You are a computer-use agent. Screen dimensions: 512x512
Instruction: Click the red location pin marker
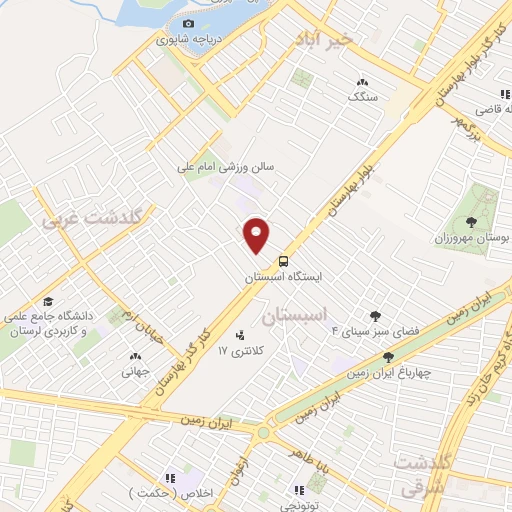258,234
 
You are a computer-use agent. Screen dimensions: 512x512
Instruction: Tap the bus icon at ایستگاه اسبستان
283,261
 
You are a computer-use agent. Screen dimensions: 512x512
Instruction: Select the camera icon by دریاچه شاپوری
188,24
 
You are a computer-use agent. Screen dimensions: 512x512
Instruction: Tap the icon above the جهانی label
135,355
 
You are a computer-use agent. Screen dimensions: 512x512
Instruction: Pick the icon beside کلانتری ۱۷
240,335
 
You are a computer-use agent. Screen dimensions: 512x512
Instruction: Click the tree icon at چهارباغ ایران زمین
388,356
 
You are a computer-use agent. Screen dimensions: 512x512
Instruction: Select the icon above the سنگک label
362,82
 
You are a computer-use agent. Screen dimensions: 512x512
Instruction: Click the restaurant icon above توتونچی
298,490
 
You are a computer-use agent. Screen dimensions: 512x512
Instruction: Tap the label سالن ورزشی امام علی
225,169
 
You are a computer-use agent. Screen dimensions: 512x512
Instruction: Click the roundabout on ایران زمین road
264,433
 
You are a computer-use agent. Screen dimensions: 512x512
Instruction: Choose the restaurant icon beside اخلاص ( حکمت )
170,478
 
